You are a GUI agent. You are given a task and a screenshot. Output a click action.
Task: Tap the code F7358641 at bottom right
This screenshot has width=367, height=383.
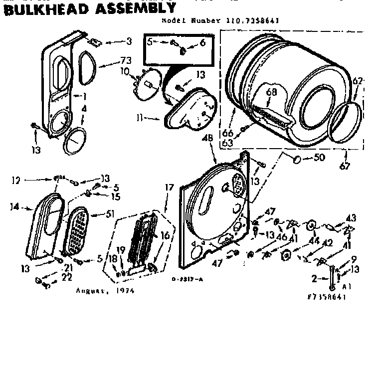tap(327, 296)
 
